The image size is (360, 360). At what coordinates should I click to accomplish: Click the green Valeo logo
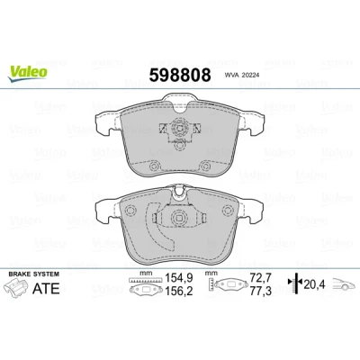tap(28, 73)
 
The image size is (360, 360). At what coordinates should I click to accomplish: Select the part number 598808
tap(180, 75)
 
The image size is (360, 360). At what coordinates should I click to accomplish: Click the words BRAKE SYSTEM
tap(34, 274)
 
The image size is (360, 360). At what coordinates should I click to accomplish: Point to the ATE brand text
tap(46, 288)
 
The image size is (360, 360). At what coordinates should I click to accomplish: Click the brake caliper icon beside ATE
tap(16, 287)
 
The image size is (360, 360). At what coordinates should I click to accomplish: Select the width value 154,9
tap(179, 278)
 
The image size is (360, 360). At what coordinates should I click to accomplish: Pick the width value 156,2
tap(179, 291)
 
